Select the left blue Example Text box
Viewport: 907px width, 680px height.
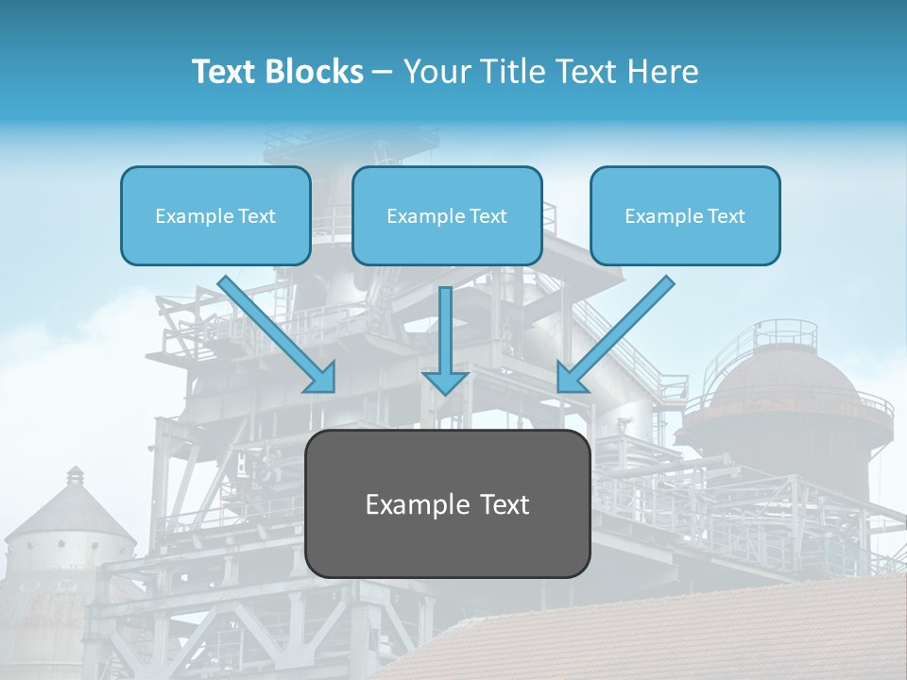[215, 215]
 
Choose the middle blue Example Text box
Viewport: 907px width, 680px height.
[447, 215]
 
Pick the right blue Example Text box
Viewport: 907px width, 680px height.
[685, 215]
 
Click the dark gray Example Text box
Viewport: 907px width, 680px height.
[448, 503]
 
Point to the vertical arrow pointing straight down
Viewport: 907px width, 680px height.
[445, 340]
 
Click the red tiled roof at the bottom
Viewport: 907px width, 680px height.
[661, 633]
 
